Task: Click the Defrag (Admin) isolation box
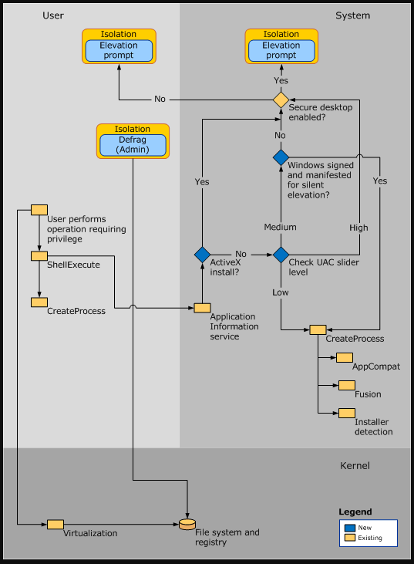[x=133, y=144]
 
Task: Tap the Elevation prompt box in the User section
[x=119, y=50]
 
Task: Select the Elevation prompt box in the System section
[x=281, y=50]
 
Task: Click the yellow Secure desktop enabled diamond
[x=281, y=100]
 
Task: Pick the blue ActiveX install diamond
[x=202, y=254]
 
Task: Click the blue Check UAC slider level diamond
[x=281, y=254]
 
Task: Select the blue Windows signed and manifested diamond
[x=281, y=157]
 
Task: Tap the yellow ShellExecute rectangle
[x=39, y=255]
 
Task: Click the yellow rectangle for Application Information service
[x=202, y=308]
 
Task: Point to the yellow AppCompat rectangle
[x=344, y=357]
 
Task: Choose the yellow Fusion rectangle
[x=346, y=385]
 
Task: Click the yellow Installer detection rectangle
[x=346, y=413]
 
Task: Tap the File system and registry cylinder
[x=187, y=525]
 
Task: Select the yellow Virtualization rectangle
[x=55, y=525]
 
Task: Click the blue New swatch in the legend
[x=350, y=527]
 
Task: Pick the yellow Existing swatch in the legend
[x=350, y=538]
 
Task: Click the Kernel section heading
[x=355, y=465]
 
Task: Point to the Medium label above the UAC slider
[x=280, y=228]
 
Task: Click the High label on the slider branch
[x=358, y=228]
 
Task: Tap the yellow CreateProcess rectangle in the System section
[x=318, y=329]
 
